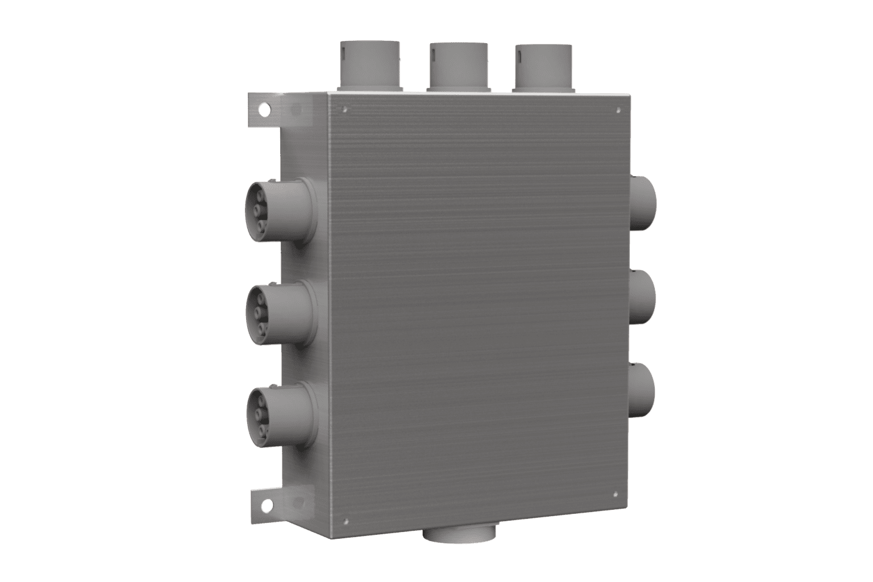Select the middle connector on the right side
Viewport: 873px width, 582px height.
click(x=643, y=296)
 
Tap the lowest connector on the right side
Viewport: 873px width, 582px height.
click(x=643, y=390)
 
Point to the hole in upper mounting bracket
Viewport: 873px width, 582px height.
click(x=263, y=106)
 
